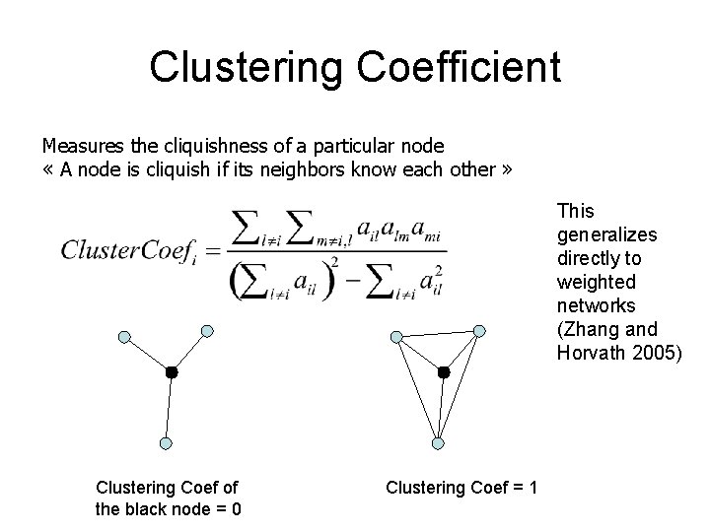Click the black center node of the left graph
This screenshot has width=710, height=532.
[171, 373]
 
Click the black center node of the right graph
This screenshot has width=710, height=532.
[443, 372]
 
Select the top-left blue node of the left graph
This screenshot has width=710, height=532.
[124, 337]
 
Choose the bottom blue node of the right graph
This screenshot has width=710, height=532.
[439, 442]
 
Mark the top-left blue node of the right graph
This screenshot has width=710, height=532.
[395, 336]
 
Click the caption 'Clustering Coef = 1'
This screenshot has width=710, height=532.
[461, 486]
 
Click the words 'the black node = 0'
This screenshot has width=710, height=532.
[170, 508]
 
